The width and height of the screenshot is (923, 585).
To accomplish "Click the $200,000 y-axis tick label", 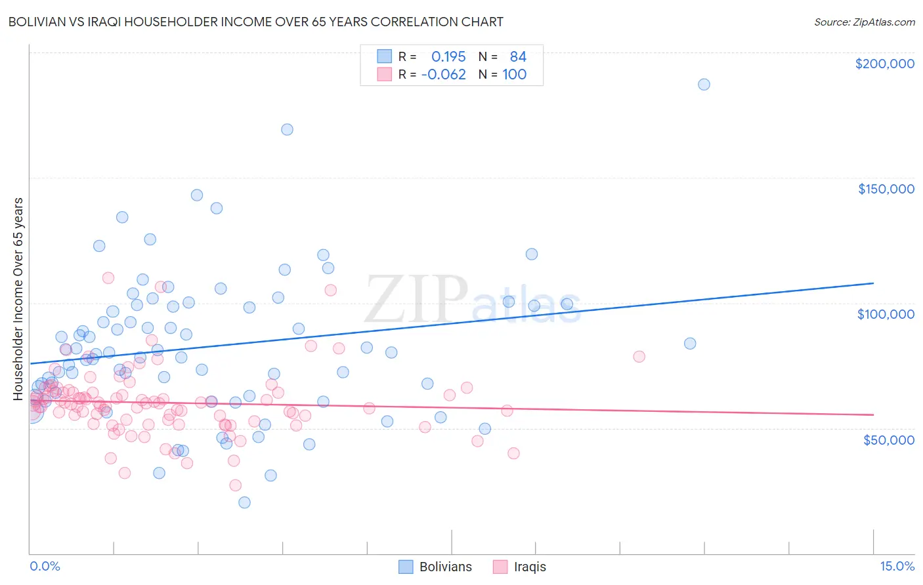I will (x=884, y=64).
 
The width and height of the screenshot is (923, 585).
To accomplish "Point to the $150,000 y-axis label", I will (x=886, y=189).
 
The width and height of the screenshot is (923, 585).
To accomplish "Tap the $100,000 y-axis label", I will (x=886, y=314).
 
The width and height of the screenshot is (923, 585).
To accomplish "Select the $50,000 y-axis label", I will (x=888, y=439).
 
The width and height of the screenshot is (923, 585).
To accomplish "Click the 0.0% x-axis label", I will (x=45, y=566).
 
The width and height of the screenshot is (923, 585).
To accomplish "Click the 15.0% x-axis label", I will (x=897, y=566).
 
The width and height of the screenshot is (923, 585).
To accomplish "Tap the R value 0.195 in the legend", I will (x=448, y=56).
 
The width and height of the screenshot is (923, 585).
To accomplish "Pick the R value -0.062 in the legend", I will (x=444, y=74).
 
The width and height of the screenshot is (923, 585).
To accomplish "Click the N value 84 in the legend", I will (x=518, y=56).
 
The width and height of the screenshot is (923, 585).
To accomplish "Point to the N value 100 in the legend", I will (x=514, y=74).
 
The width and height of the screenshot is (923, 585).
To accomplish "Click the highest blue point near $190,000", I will (x=704, y=84).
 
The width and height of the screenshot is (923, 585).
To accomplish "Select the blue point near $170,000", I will (x=287, y=129).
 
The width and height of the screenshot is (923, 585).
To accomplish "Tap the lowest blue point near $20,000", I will (x=244, y=502).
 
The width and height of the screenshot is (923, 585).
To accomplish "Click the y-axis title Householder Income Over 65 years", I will (x=18, y=298).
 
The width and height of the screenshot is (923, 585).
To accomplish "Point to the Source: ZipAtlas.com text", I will (x=864, y=22).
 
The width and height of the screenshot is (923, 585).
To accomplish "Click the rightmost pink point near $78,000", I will (x=639, y=356).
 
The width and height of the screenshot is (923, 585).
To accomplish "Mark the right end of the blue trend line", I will (x=873, y=283).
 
